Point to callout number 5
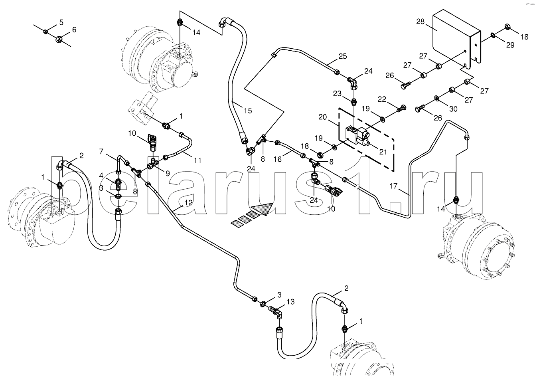(x=61, y=22)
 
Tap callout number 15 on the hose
(x=248, y=111)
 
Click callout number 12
(x=188, y=203)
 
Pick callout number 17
(x=393, y=186)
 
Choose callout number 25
(x=342, y=56)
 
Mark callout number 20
(x=322, y=117)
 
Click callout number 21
(x=383, y=152)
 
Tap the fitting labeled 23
(x=354, y=102)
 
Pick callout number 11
(x=197, y=161)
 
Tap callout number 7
(x=101, y=151)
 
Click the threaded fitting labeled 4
(x=119, y=184)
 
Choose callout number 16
(x=277, y=159)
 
